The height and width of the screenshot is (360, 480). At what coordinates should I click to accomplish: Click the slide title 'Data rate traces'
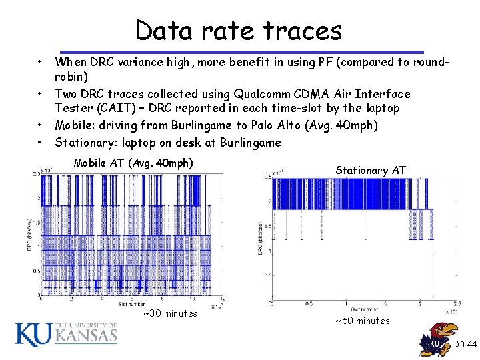pos(238,30)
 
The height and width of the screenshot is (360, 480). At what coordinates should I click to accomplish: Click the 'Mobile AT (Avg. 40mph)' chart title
pos(133,163)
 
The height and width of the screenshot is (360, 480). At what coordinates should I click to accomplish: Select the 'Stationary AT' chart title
pos(371,170)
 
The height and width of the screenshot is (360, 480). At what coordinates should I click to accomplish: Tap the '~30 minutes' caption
pos(170,313)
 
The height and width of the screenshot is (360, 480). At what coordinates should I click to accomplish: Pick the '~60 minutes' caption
pos(362,321)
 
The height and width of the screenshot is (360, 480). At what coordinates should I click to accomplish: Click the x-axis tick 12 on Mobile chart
pos(222,299)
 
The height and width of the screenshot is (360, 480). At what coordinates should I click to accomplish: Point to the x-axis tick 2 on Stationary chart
pos(414,304)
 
